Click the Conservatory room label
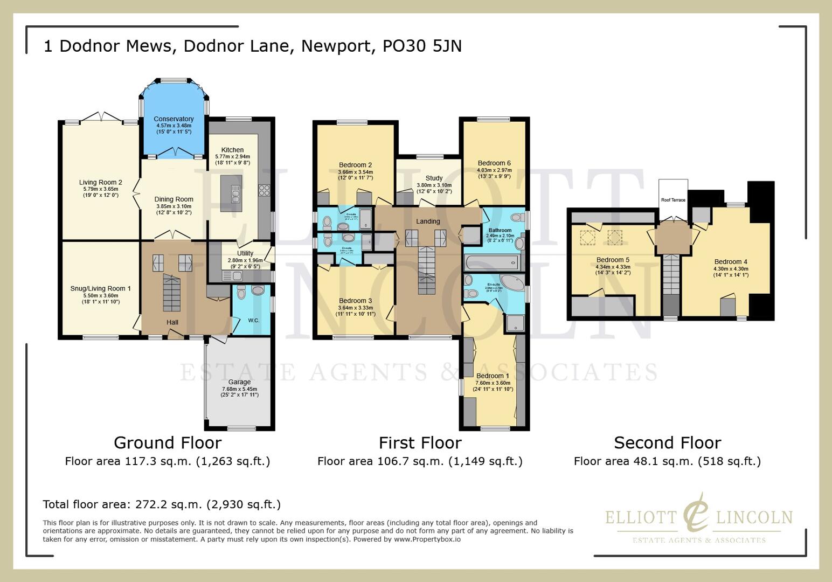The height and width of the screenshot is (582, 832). click(173, 119)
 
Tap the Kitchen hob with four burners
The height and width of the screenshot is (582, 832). click(264, 190)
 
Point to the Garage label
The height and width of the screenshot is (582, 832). click(239, 382)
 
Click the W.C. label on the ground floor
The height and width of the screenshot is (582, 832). click(254, 321)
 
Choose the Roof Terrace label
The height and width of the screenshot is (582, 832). click(673, 200)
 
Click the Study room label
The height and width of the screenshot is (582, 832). click(434, 178)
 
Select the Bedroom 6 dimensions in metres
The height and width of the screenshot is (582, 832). click(494, 170)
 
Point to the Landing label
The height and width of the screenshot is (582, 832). click(428, 221)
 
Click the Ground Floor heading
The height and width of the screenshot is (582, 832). click(168, 443)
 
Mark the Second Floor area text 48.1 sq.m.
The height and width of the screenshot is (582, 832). click(667, 461)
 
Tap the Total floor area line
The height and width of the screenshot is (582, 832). click(162, 504)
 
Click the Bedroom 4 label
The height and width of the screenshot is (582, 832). click(730, 262)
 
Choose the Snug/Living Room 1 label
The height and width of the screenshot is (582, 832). click(100, 289)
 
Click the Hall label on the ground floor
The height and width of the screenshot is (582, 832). click(172, 322)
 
